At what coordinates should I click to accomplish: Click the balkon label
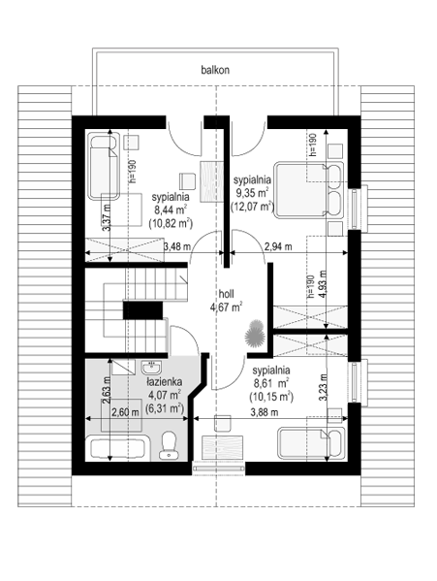(x=215, y=70)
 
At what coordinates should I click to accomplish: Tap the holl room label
(x=226, y=294)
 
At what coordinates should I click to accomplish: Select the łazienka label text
(x=164, y=381)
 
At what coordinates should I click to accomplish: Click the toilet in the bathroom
(x=169, y=444)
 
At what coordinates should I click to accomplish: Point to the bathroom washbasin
(x=150, y=368)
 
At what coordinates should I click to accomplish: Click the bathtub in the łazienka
(x=117, y=448)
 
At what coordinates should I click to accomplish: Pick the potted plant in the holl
(x=254, y=333)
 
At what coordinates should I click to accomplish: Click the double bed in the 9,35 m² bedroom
(x=308, y=190)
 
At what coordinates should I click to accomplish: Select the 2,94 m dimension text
(x=278, y=246)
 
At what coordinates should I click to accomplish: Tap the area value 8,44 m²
(x=171, y=210)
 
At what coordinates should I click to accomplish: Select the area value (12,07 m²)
(x=252, y=206)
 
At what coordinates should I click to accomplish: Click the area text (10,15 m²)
(x=271, y=398)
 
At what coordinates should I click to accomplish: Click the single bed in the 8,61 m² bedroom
(x=312, y=443)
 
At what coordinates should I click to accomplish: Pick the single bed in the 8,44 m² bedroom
(x=104, y=167)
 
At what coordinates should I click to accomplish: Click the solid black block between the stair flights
(x=142, y=310)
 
